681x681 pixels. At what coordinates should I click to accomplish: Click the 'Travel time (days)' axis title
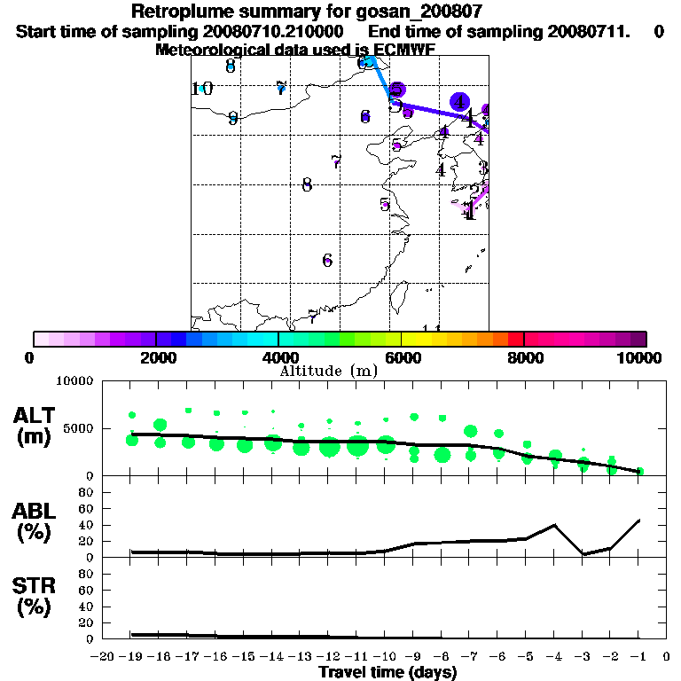tap(387, 673)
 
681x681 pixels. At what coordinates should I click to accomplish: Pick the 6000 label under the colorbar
tap(403, 357)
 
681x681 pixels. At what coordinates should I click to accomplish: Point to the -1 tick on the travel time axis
tap(640, 656)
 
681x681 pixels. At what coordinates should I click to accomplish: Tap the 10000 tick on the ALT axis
tap(76, 381)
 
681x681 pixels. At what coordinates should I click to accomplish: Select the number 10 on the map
tap(202, 89)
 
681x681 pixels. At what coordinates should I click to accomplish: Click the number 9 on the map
tap(232, 118)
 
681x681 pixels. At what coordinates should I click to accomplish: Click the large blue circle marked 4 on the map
tap(459, 102)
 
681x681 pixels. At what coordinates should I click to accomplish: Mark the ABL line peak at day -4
tap(555, 525)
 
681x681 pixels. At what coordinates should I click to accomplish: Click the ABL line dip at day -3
tap(583, 554)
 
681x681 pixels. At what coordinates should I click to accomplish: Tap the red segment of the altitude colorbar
tap(515, 339)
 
